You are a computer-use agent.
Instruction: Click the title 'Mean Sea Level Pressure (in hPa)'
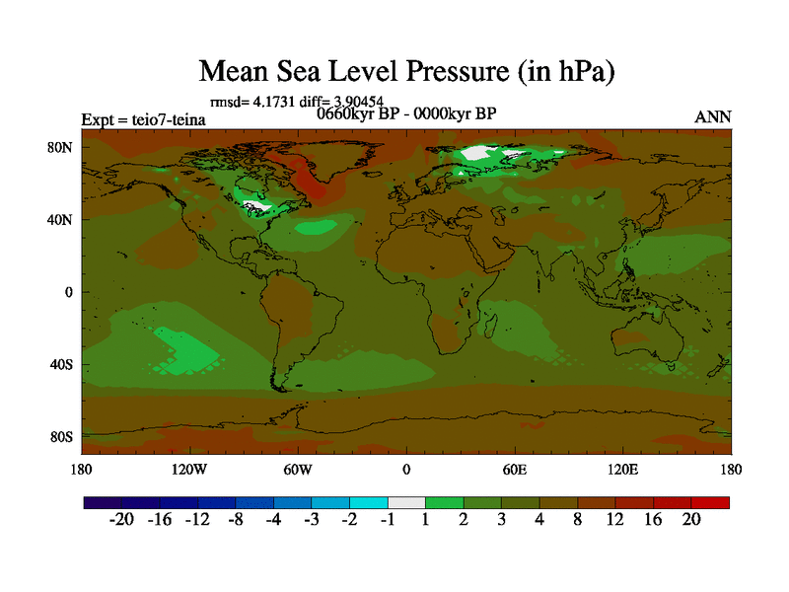coord(406,71)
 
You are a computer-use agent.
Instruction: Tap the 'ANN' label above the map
coord(713,116)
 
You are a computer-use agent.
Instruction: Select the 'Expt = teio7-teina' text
coord(143,120)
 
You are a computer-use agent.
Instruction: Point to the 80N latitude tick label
coord(62,147)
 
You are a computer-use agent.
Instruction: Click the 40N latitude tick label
coord(62,219)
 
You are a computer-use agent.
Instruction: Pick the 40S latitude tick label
coord(62,364)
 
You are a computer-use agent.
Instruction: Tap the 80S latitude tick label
coord(62,436)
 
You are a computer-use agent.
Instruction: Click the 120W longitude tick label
coord(188,469)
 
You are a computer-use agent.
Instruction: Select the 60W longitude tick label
coord(297,469)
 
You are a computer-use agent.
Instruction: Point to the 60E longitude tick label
coord(514,469)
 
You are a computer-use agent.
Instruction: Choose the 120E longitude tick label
coord(622,469)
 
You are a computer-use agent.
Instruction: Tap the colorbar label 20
coord(690,521)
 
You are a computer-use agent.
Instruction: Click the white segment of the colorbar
coord(406,503)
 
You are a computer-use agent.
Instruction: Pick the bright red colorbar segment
coord(711,503)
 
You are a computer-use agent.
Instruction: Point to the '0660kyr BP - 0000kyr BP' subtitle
coord(405,112)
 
